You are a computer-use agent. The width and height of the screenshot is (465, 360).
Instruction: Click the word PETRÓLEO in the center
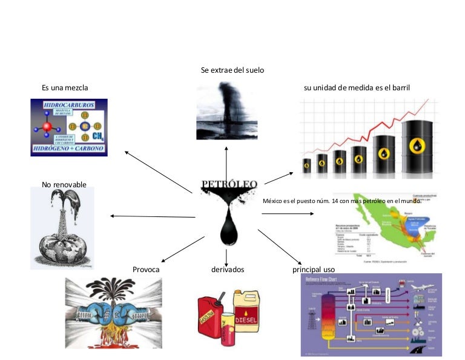tap(229, 184)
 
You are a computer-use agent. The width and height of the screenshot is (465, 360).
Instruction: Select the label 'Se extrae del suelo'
tap(232, 70)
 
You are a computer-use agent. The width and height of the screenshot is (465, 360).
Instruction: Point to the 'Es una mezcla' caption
tap(65, 88)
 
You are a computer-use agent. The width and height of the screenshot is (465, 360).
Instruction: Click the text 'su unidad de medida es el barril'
tap(357, 88)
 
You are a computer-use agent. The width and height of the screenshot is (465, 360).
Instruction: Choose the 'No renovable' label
tap(64, 184)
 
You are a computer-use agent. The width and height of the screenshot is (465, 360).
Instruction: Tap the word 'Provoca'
tap(146, 269)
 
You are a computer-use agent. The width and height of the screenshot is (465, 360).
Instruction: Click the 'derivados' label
tap(228, 269)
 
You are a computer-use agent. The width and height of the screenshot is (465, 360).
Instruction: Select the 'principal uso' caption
tap(314, 269)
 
